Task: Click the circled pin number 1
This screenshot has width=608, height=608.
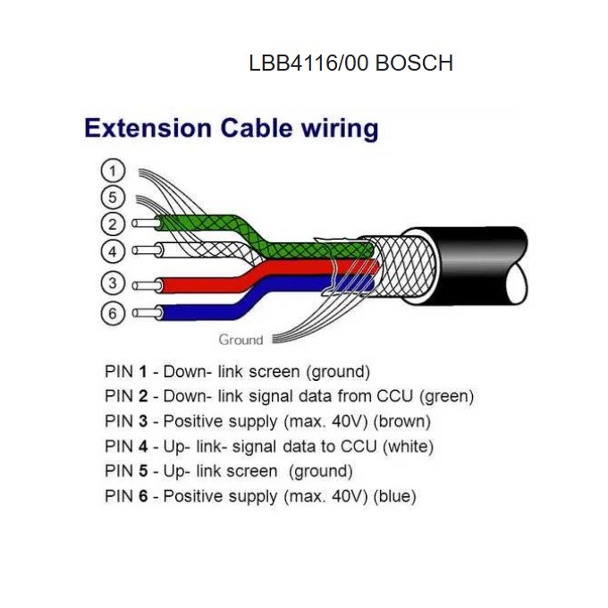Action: click(113, 170)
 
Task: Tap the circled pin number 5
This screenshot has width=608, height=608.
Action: click(113, 197)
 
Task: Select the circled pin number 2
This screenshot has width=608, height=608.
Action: click(113, 224)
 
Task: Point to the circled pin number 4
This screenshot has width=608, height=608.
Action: click(113, 250)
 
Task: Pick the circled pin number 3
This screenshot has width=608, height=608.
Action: click(113, 284)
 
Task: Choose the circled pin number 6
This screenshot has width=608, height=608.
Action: click(113, 314)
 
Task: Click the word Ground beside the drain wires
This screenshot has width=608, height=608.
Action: click(241, 340)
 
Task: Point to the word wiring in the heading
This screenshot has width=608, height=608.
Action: click(337, 130)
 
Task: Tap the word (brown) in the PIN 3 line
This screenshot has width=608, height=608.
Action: click(402, 421)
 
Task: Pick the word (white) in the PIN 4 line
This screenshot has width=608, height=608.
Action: click(408, 446)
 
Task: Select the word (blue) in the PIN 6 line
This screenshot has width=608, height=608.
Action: click(394, 496)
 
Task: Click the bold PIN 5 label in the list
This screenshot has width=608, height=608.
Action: click(126, 471)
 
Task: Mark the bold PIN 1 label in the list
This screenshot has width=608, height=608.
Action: click(126, 371)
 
